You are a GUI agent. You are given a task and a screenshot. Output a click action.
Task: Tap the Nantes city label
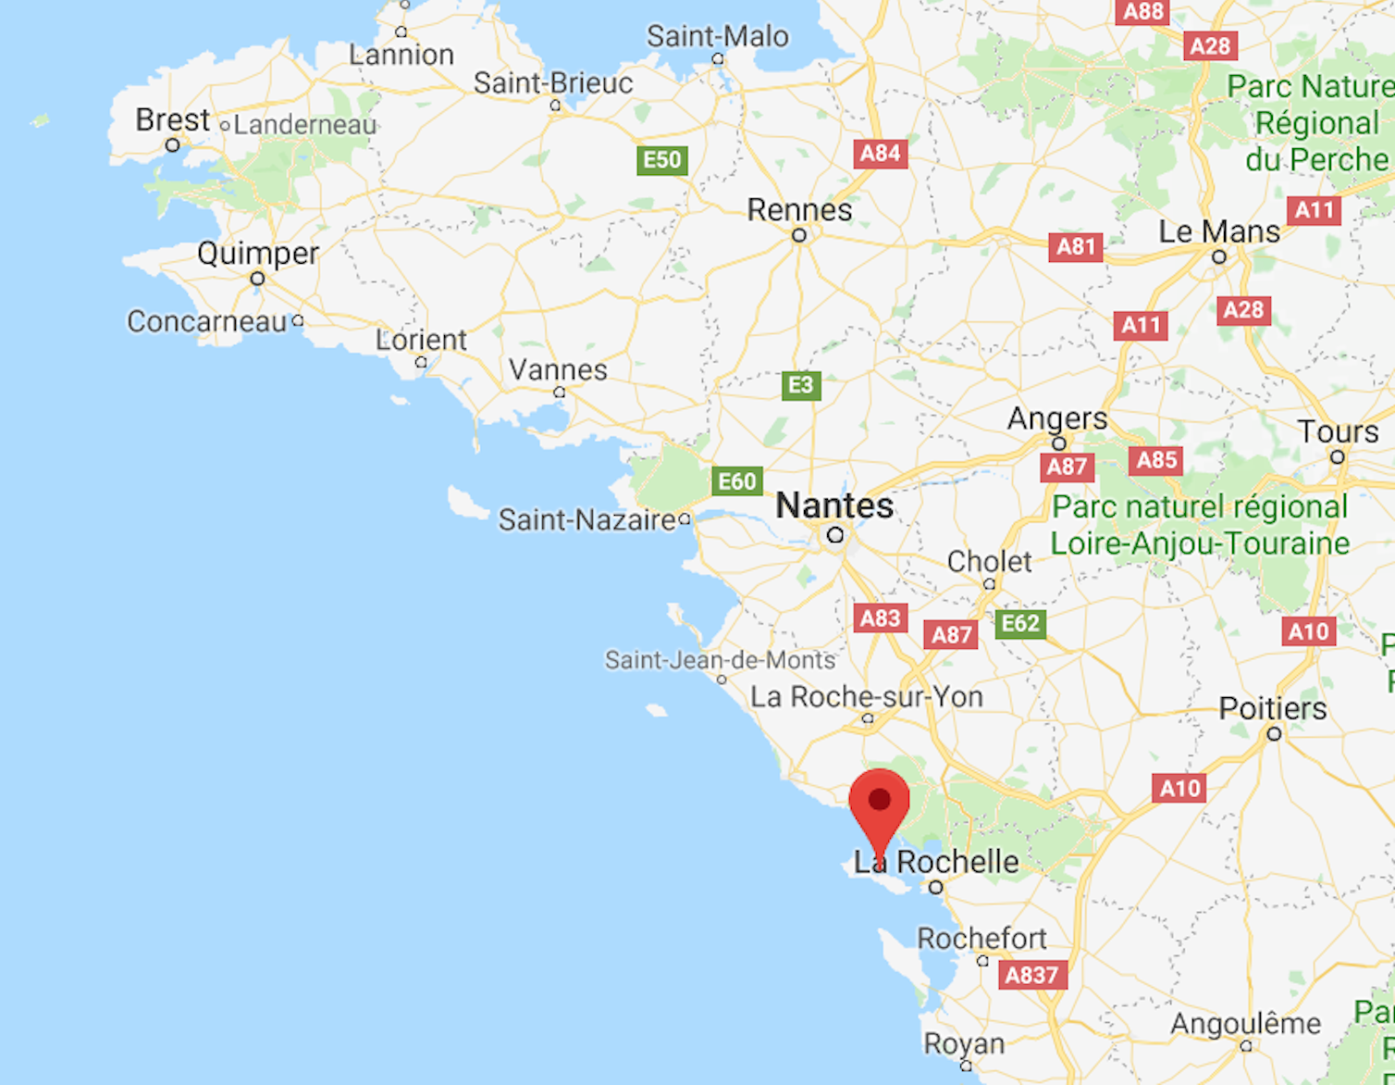click(x=834, y=505)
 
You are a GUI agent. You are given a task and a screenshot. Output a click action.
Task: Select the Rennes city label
click(x=799, y=210)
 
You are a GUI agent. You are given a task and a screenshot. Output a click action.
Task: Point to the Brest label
click(x=172, y=120)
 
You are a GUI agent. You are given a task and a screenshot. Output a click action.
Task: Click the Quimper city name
click(x=257, y=254)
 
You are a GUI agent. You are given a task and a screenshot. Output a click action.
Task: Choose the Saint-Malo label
click(x=717, y=37)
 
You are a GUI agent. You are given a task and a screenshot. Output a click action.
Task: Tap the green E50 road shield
click(x=661, y=160)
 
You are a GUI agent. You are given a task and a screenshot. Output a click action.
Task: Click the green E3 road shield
click(x=800, y=385)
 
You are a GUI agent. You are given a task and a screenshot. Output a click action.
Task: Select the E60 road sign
click(x=736, y=481)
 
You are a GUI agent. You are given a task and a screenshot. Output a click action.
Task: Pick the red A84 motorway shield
click(x=880, y=154)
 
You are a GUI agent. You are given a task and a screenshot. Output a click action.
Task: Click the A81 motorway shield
click(x=1076, y=246)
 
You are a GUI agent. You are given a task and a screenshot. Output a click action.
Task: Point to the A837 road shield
click(x=1031, y=975)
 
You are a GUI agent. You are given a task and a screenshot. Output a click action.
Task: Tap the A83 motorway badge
click(x=880, y=617)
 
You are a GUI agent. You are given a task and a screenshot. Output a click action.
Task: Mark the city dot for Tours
click(x=1337, y=457)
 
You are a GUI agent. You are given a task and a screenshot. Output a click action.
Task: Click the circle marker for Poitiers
click(x=1274, y=734)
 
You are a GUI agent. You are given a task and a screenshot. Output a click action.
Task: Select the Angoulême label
click(x=1245, y=1024)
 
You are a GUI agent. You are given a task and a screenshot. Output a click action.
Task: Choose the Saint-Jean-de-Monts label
click(x=720, y=660)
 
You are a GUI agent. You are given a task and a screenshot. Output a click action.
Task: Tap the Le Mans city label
click(x=1219, y=231)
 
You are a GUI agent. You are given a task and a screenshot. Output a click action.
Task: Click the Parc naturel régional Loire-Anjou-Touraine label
click(x=1200, y=525)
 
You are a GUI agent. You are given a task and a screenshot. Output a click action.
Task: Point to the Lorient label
click(x=421, y=341)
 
